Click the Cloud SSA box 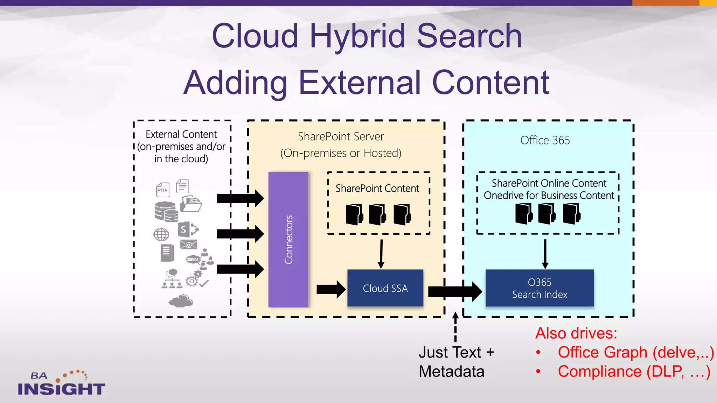[385, 288]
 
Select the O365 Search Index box [540, 288]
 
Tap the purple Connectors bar [288, 240]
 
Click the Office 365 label [545, 140]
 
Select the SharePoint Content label [377, 189]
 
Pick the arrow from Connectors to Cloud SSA [330, 289]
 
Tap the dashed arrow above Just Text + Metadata [455, 327]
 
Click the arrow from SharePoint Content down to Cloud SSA [381, 254]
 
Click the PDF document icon [162, 190]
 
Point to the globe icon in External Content [161, 234]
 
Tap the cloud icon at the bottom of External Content [181, 301]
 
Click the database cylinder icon [166, 211]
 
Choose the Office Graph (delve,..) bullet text [635, 352]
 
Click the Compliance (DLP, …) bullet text [634, 372]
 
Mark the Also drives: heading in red [576, 333]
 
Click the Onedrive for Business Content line [549, 196]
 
